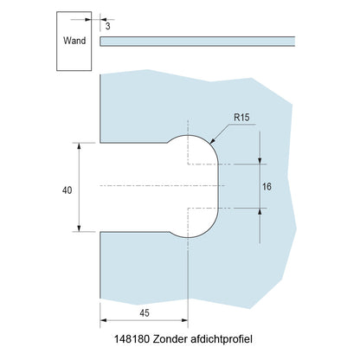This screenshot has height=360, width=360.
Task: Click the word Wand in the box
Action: point(73,40)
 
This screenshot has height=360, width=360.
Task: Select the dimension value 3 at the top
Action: point(107,26)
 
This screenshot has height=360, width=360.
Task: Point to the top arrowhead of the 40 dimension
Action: point(80,145)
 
